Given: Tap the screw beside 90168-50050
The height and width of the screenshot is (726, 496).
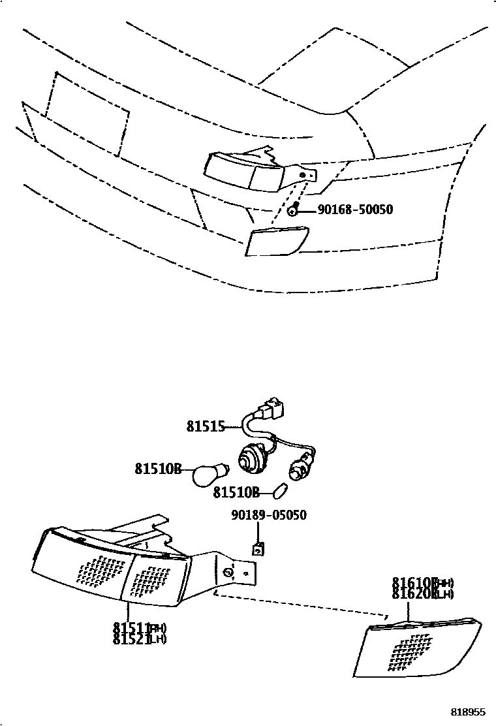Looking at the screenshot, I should pos(294,210).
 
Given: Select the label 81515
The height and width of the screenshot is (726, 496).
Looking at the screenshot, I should pos(205,427).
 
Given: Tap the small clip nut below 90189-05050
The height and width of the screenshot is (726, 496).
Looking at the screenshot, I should pos(258,549).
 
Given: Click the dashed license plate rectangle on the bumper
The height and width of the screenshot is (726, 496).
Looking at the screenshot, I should pos(85,114).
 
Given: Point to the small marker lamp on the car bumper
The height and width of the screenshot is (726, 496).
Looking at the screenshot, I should pos(277,240).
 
